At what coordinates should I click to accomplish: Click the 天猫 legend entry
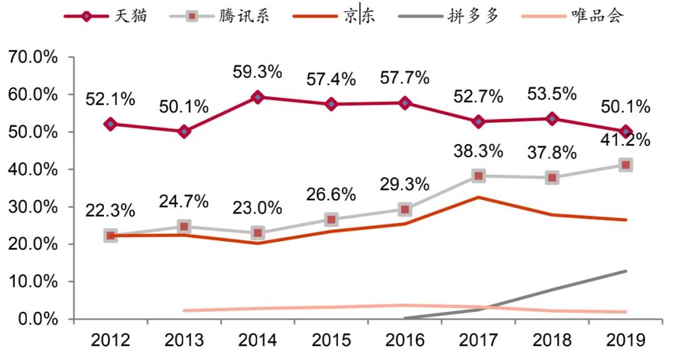[x=106, y=16]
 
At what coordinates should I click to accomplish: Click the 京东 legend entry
[x=335, y=16]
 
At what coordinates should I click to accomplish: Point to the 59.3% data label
[x=257, y=72]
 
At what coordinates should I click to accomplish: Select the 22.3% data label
[x=110, y=211]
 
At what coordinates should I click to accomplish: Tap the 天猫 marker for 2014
[x=257, y=97]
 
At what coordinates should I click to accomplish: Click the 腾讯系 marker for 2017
[x=478, y=176]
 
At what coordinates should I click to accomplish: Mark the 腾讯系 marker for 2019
[x=625, y=165]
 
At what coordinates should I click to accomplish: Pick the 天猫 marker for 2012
[x=110, y=124]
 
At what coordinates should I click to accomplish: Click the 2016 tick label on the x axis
[x=404, y=340]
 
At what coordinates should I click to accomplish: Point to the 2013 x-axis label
[x=183, y=340]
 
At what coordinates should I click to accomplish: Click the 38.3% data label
[x=478, y=152]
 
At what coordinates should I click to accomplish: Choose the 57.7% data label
[x=404, y=78]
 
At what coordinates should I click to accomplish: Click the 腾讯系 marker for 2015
[x=331, y=219]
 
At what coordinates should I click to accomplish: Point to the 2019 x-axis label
[x=625, y=340]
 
